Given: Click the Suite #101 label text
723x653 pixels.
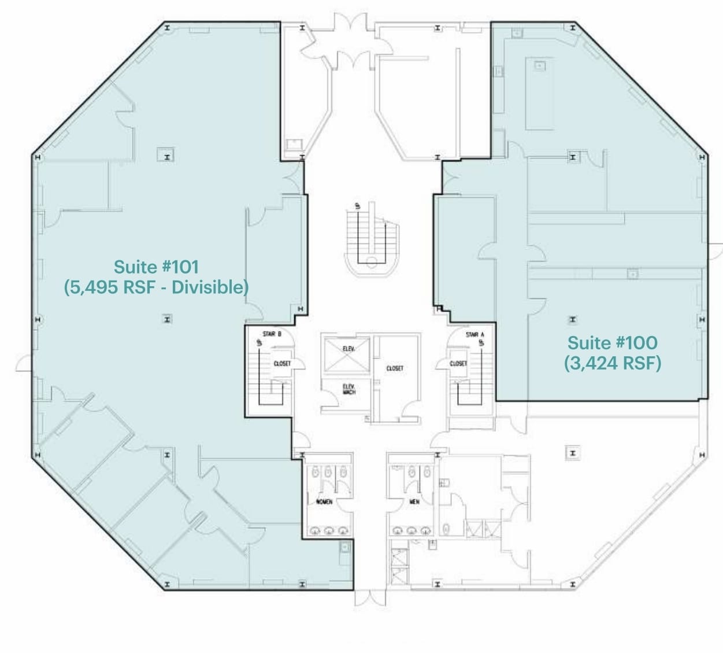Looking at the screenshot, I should (156, 267).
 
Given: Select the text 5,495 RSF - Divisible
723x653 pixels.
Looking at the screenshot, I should (156, 287).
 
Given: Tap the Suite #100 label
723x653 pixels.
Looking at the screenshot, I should (612, 343).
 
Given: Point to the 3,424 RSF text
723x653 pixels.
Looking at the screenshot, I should (612, 363).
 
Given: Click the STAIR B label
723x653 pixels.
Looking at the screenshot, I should (272, 334).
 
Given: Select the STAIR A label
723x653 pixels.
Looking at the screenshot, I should (475, 334).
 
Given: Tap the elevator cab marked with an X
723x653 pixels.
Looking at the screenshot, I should (346, 349).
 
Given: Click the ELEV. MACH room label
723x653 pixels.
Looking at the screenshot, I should (349, 390).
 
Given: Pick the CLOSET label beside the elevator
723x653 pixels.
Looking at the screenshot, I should (395, 368).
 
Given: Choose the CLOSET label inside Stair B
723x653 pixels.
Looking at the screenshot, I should (282, 363).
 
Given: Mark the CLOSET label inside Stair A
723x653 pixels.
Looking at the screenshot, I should (458, 363).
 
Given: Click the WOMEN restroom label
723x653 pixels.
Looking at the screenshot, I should (324, 501).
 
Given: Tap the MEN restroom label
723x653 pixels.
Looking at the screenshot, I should (414, 501).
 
